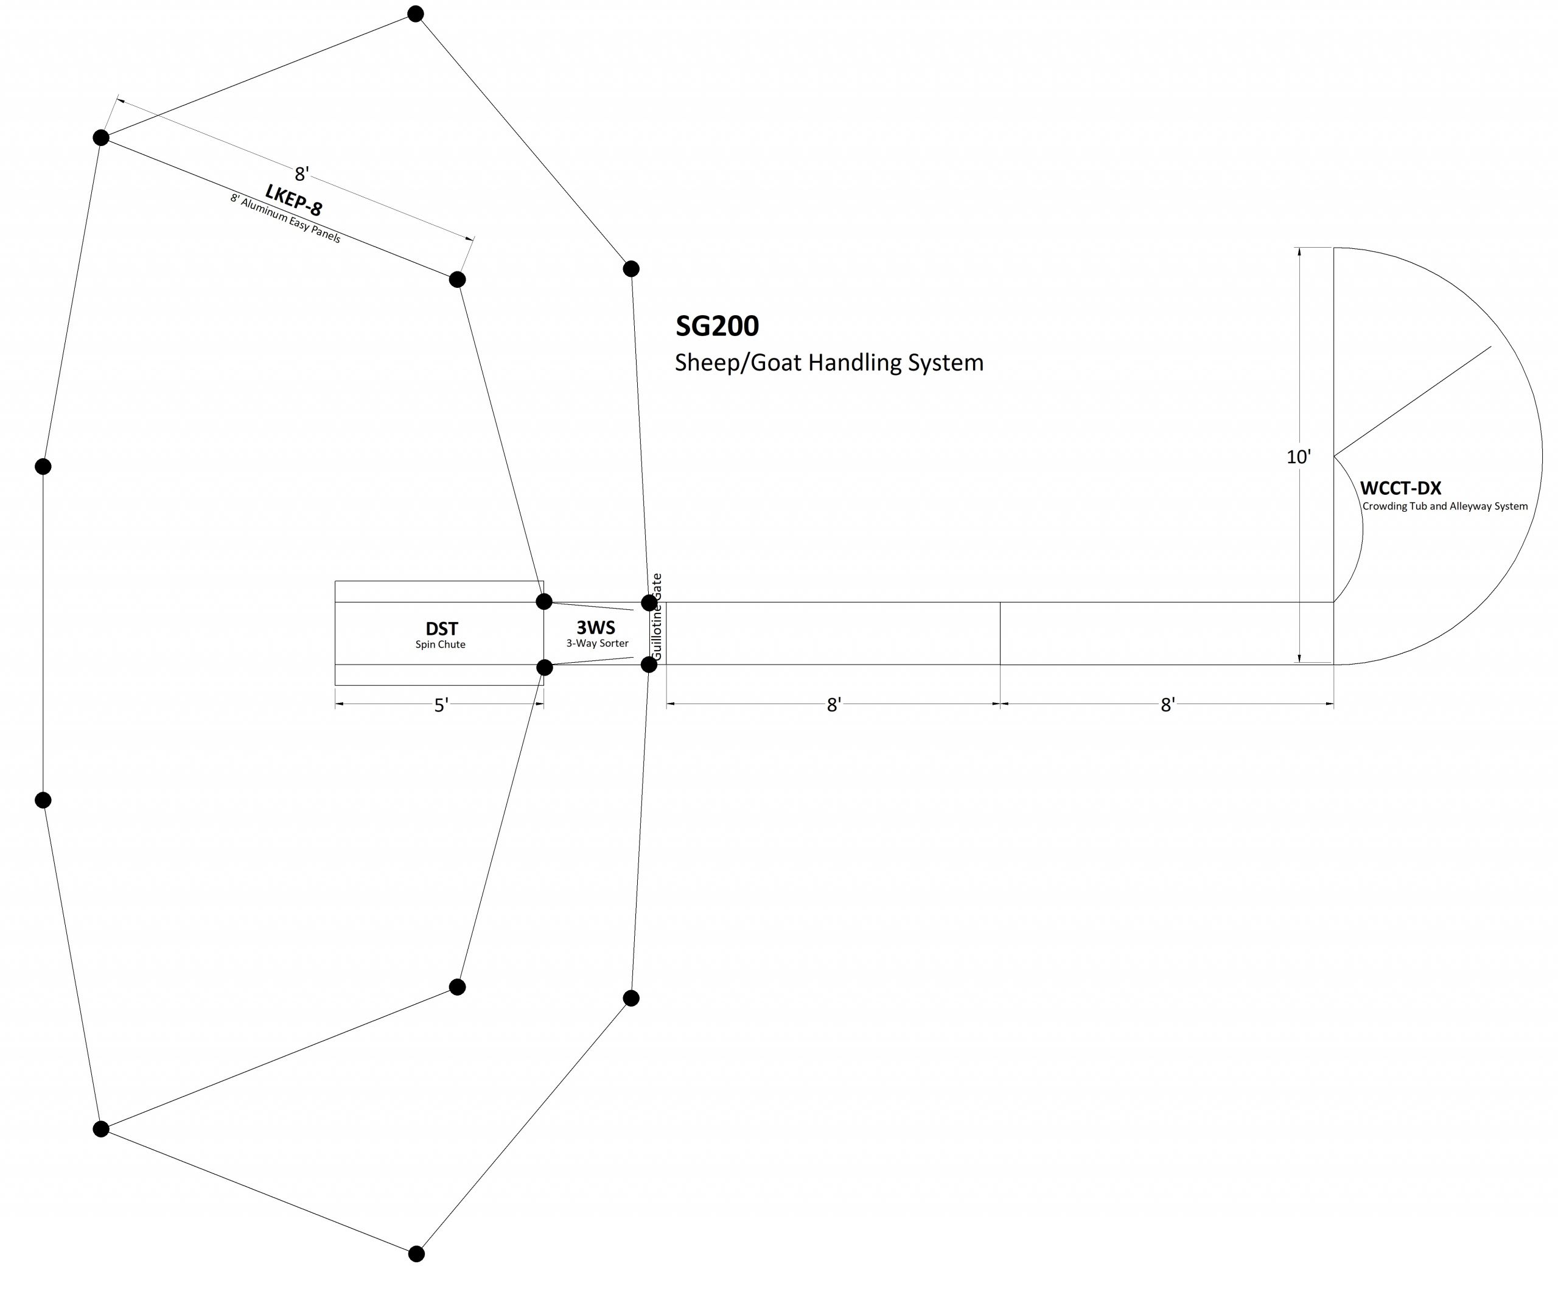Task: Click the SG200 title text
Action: [717, 326]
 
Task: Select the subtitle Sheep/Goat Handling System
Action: [829, 363]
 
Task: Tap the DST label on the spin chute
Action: [441, 629]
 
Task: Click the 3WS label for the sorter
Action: [596, 627]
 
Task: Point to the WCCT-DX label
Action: [1400, 489]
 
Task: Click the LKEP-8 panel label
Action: [294, 200]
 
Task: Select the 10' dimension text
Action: [1298, 457]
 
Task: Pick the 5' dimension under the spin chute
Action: [441, 705]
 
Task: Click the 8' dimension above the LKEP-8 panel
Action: [301, 174]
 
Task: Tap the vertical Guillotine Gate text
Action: [657, 617]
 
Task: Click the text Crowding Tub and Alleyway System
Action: [1444, 506]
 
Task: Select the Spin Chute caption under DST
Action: [441, 644]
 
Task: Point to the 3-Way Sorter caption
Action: [597, 643]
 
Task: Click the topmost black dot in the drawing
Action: [416, 14]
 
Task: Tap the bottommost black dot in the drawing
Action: [417, 1254]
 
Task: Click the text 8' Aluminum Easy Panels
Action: [285, 219]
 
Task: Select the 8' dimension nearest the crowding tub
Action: [1168, 705]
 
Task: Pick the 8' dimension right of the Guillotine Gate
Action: [834, 705]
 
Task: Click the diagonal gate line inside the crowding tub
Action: [1412, 401]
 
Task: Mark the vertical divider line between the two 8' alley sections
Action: [1000, 634]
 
